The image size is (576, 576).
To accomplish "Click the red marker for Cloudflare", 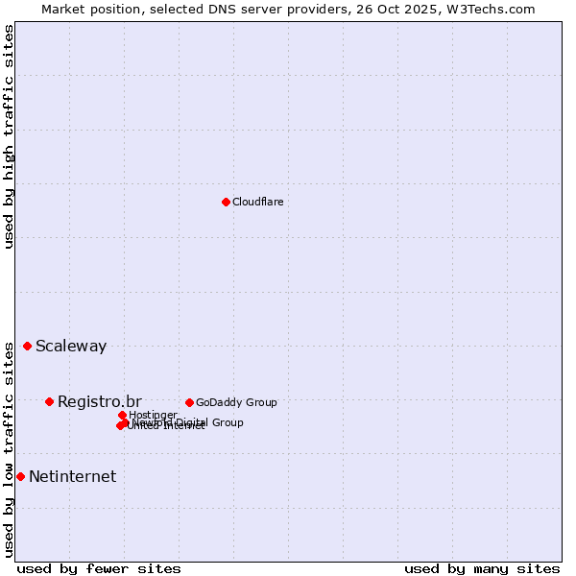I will (x=226, y=202).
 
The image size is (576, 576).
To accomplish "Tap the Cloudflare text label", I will (x=257, y=202).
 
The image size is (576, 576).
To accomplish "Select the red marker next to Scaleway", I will (x=27, y=346).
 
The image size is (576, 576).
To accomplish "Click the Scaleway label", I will (x=71, y=347).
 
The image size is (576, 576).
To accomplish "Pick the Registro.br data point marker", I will (x=49, y=401).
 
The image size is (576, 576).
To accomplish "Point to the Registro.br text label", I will (x=100, y=401).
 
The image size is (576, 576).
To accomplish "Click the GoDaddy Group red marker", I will (x=189, y=402).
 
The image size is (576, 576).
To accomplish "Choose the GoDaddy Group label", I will (x=236, y=402).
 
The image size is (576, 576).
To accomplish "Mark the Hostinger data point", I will (x=122, y=415).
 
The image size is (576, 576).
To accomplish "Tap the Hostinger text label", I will (x=153, y=415).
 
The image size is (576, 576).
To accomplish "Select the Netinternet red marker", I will (x=20, y=476).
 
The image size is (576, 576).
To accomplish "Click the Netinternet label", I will (x=72, y=476).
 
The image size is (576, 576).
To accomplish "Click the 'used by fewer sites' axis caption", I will (x=99, y=568).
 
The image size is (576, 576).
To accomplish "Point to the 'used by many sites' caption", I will (x=482, y=568).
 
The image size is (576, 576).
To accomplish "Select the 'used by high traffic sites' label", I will (x=10, y=136).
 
